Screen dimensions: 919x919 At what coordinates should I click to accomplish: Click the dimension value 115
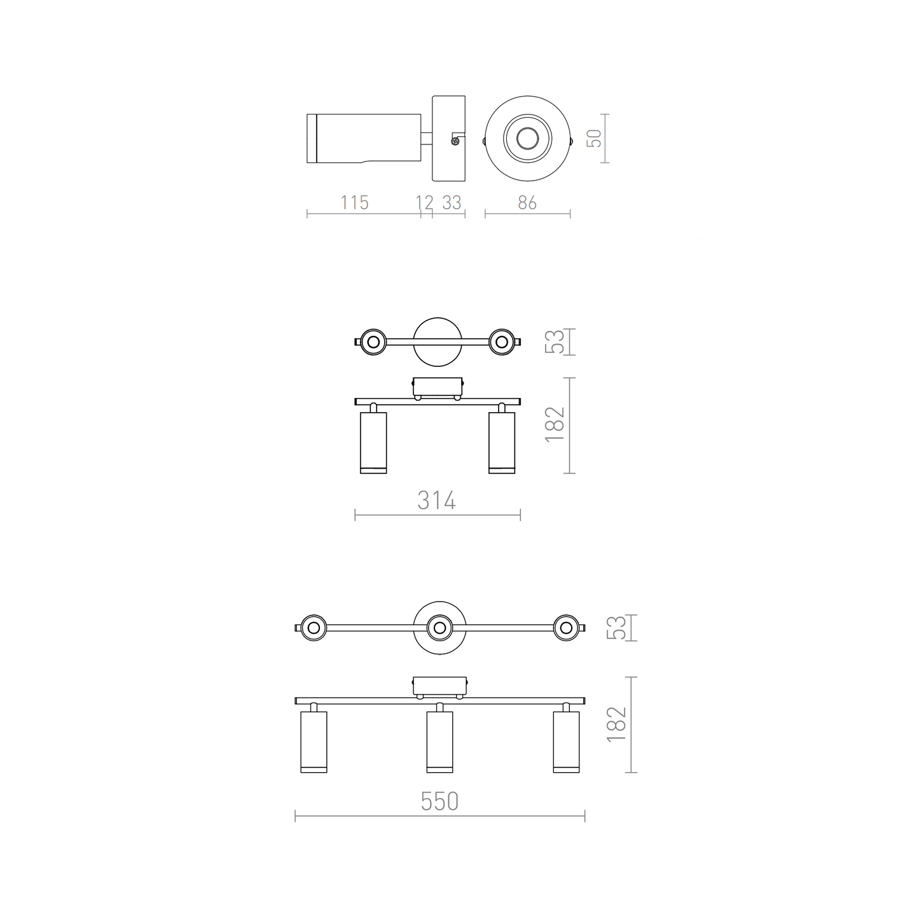pos(354,203)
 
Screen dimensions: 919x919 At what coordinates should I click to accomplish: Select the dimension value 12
pos(424,203)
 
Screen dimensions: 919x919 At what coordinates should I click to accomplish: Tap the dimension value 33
pos(452,203)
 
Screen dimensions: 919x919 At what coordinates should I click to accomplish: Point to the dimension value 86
pos(527,203)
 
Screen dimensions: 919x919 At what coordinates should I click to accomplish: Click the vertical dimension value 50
pos(594,138)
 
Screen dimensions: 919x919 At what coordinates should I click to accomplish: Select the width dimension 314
pos(437,501)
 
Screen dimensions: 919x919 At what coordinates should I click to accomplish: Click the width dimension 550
pos(439,802)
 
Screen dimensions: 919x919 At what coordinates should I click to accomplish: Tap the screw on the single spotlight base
pos(455,141)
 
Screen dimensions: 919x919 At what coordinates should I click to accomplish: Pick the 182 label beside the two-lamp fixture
pos(555,425)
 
